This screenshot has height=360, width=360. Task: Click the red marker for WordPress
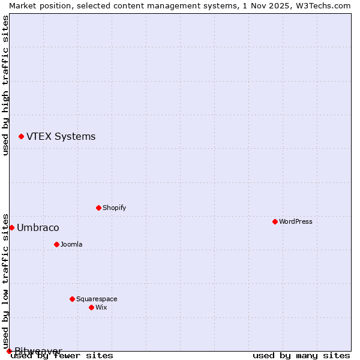pyautogui.click(x=275, y=221)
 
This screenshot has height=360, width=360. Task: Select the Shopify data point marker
pyautogui.click(x=98, y=208)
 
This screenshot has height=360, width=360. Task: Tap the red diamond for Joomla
pyautogui.click(x=56, y=244)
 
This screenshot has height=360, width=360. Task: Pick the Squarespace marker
pyautogui.click(x=72, y=299)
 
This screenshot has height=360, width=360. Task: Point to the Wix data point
pyautogui.click(x=91, y=307)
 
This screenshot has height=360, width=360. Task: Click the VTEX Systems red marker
pyautogui.click(x=21, y=137)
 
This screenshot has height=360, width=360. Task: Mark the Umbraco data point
pyautogui.click(x=11, y=227)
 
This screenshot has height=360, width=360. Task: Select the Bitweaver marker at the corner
pyautogui.click(x=9, y=351)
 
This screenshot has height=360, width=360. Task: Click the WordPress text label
pyautogui.click(x=295, y=221)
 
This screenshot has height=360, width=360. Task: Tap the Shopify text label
pyautogui.click(x=114, y=208)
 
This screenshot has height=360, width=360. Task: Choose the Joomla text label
pyautogui.click(x=71, y=244)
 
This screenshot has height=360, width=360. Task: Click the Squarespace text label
pyautogui.click(x=97, y=299)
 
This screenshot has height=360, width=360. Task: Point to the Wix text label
pyautogui.click(x=101, y=307)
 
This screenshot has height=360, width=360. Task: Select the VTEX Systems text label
pyautogui.click(x=61, y=137)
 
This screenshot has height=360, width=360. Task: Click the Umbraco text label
pyautogui.click(x=38, y=227)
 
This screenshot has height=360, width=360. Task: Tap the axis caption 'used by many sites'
pyautogui.click(x=301, y=355)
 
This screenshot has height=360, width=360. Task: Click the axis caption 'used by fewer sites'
pyautogui.click(x=62, y=355)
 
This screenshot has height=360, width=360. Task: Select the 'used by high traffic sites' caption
pyautogui.click(x=5, y=85)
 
